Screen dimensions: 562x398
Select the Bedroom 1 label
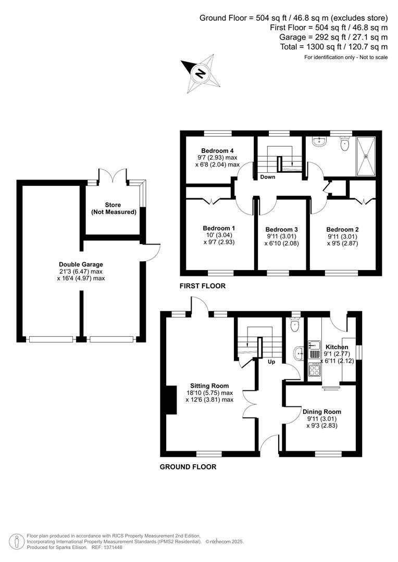[219, 228]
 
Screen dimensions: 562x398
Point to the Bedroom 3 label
[281, 229]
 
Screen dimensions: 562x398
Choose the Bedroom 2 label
[342, 229]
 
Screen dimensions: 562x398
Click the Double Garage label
[81, 264]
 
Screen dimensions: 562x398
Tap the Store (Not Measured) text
[114, 208]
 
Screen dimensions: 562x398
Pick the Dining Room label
[322, 412]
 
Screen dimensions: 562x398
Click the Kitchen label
[337, 347]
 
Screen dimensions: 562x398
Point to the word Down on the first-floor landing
[268, 177]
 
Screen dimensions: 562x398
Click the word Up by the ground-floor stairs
[271, 361]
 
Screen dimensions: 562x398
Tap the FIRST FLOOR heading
[202, 286]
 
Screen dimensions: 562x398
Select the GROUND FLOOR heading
[188, 467]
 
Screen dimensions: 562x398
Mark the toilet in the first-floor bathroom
[344, 145]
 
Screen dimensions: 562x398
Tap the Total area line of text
[333, 46]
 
